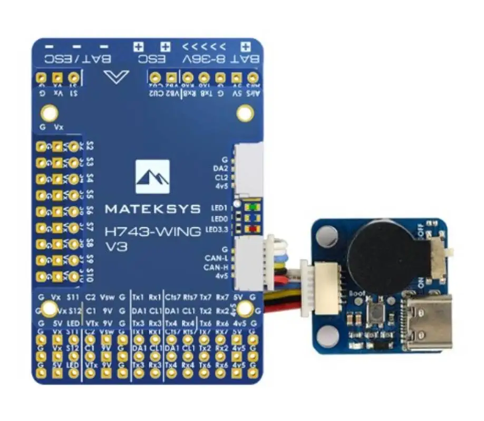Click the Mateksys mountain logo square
pos(152,177)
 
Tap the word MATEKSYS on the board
pos(152,209)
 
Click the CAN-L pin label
pos(218,258)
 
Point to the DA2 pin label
pos(221,168)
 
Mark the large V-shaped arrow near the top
pos(117,77)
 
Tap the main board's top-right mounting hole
pos(245,113)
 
